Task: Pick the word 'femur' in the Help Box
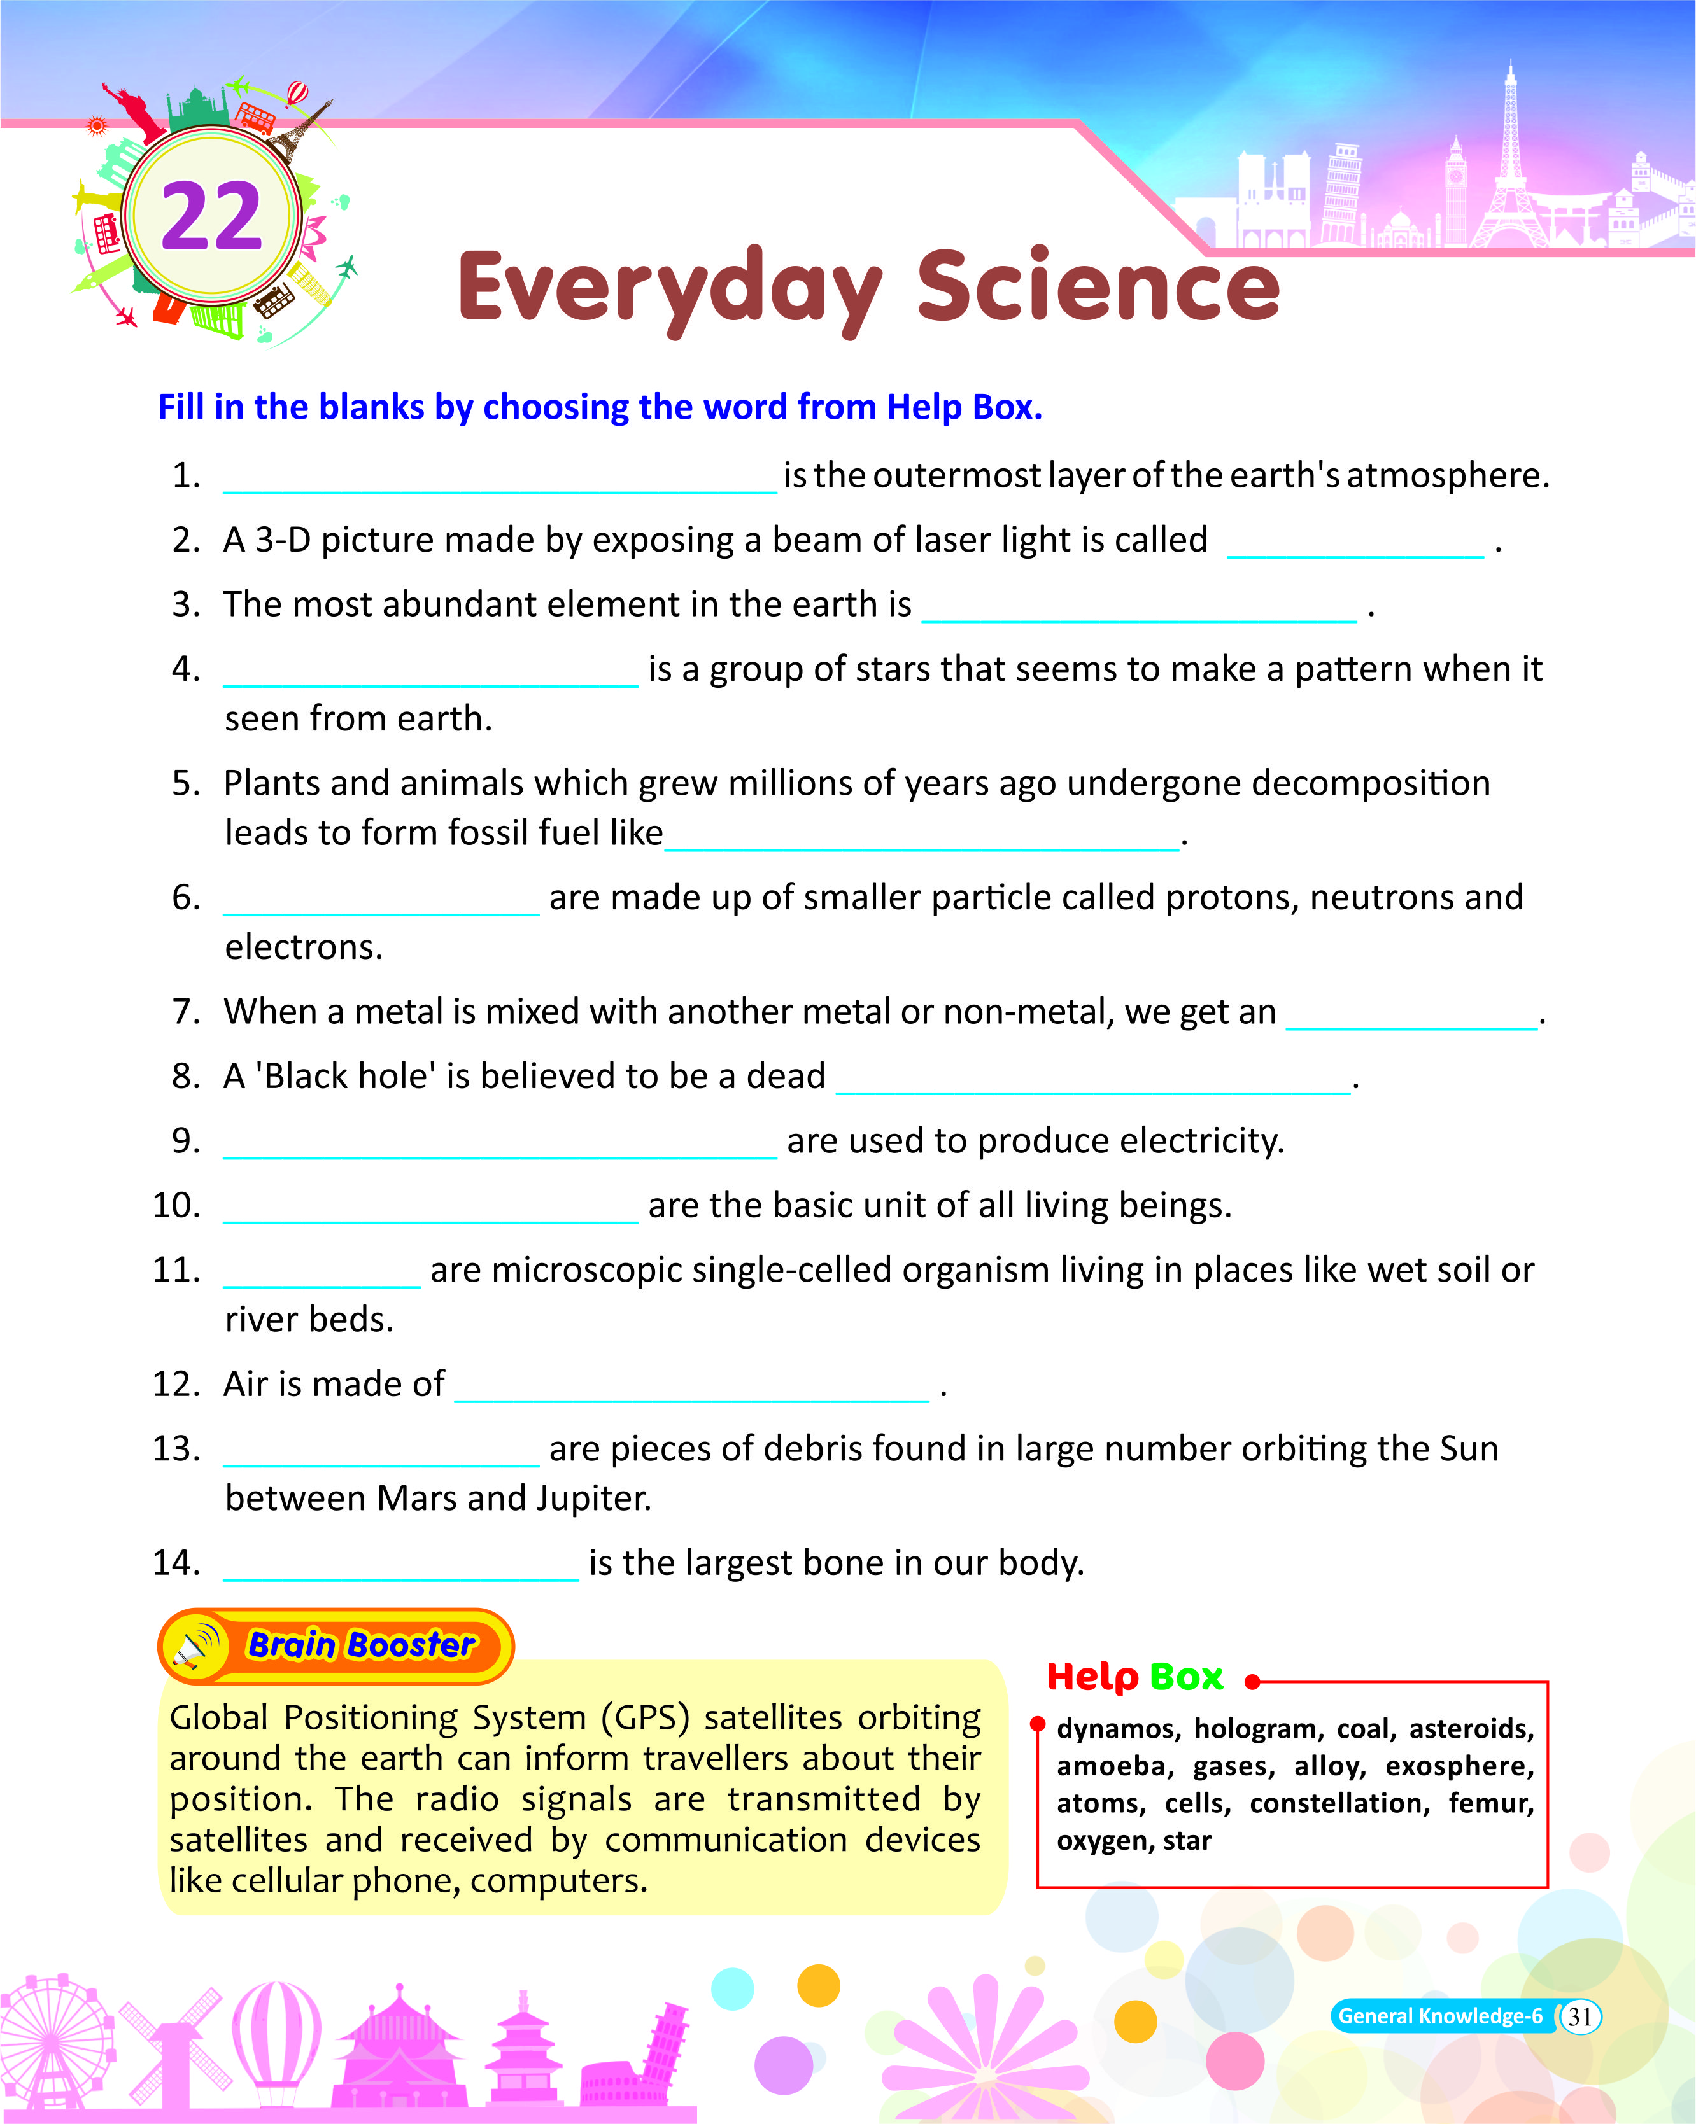(1490, 1804)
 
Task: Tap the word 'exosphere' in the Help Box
(1459, 1766)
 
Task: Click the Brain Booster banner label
(361, 1645)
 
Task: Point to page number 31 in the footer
(1579, 2016)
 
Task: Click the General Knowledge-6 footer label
(1440, 2016)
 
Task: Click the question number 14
(176, 1563)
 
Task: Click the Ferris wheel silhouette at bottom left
(54, 2044)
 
